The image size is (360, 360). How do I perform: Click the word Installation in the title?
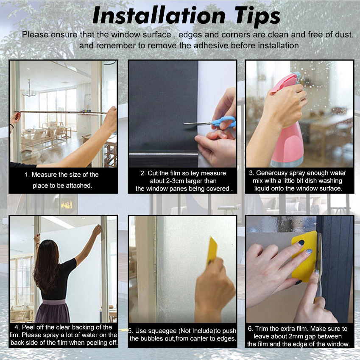coord(159,16)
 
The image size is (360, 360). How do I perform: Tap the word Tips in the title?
coord(257,17)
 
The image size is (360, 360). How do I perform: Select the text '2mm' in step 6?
coord(299,336)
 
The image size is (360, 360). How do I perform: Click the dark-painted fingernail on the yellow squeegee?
coord(301,243)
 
